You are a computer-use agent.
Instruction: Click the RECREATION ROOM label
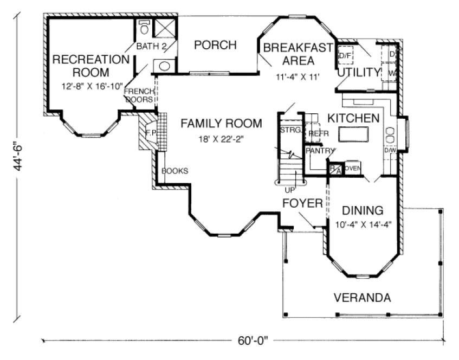tap(90, 65)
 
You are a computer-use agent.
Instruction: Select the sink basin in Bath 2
tap(165, 66)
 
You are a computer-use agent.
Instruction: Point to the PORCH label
tap(215, 45)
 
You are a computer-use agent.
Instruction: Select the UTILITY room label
tap(359, 72)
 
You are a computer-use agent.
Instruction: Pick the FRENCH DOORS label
tap(139, 95)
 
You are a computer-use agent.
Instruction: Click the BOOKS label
tap(174, 171)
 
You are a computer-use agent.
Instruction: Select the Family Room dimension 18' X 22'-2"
tap(221, 139)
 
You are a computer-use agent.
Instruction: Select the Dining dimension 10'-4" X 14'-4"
tap(363, 223)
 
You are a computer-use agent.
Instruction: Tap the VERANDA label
tap(363, 298)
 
